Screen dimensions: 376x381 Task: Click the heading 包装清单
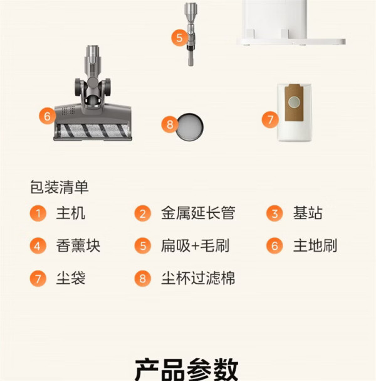(59, 187)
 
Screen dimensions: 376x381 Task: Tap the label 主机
(71, 213)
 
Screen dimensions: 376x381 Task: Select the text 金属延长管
(198, 213)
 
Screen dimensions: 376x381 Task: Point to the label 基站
(308, 213)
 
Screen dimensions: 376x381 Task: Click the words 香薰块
(78, 245)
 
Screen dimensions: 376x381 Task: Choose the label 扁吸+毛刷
(195, 245)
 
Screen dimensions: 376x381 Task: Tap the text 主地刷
(315, 245)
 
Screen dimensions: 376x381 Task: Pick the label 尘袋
(71, 278)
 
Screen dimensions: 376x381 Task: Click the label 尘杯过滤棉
(198, 278)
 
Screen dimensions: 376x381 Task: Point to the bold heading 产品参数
(187, 369)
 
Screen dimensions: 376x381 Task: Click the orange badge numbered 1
(38, 213)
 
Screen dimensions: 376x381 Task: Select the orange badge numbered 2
(143, 213)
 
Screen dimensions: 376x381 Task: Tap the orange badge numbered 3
(274, 213)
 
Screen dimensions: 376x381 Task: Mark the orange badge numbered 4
(38, 246)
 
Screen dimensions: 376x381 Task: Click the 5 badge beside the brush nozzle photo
(179, 38)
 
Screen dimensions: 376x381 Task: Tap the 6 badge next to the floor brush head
(47, 116)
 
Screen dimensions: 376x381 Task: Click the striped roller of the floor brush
(93, 131)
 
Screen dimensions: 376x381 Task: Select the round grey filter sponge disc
(190, 127)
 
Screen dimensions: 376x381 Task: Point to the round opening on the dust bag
(294, 102)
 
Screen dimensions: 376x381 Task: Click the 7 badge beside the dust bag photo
(270, 119)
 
